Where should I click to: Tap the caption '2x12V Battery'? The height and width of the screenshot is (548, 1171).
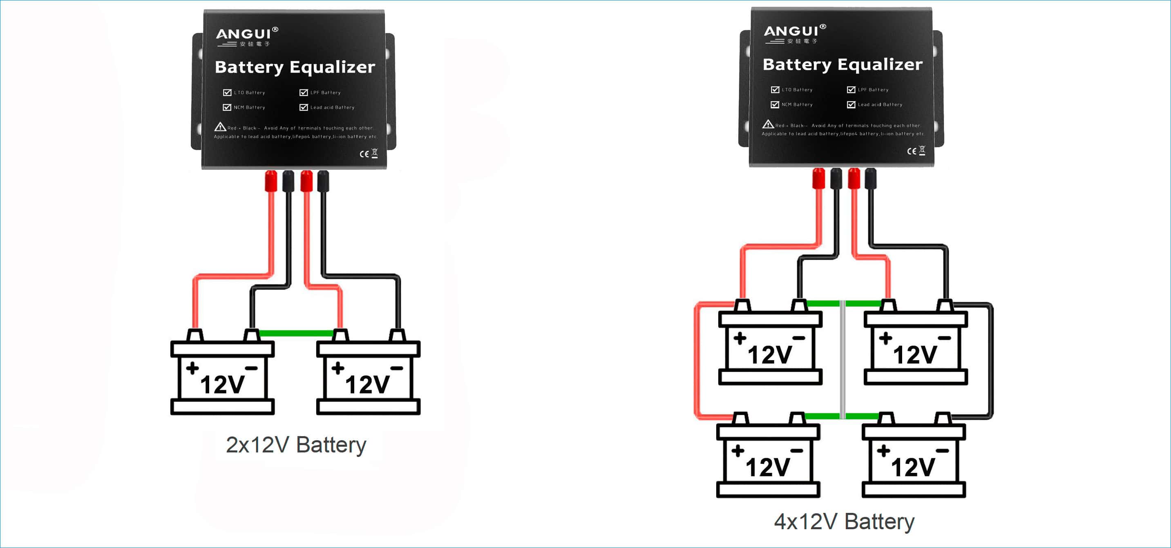[295, 445]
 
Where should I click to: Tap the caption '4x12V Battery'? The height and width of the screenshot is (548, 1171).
[844, 521]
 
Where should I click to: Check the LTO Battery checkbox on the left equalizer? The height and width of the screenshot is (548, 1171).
[227, 93]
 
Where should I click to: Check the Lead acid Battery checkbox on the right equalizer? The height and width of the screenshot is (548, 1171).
[851, 105]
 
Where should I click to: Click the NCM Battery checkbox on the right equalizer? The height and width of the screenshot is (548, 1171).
[775, 105]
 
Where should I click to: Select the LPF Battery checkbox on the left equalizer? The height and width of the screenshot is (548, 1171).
[304, 93]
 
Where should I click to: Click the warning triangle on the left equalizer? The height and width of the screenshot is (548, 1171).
[220, 127]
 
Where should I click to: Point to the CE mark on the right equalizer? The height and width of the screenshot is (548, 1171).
[912, 151]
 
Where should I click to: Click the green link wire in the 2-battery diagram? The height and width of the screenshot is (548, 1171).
[295, 334]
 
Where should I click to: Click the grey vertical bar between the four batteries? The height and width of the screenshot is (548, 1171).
[842, 359]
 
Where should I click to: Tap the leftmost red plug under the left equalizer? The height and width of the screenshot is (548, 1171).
[271, 181]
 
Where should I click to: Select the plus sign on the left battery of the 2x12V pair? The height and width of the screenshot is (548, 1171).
[192, 368]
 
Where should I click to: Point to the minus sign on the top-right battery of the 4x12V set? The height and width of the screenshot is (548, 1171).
[944, 338]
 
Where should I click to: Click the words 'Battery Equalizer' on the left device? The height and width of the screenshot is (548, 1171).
[295, 67]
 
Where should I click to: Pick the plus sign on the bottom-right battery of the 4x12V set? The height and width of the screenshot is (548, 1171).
[883, 451]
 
